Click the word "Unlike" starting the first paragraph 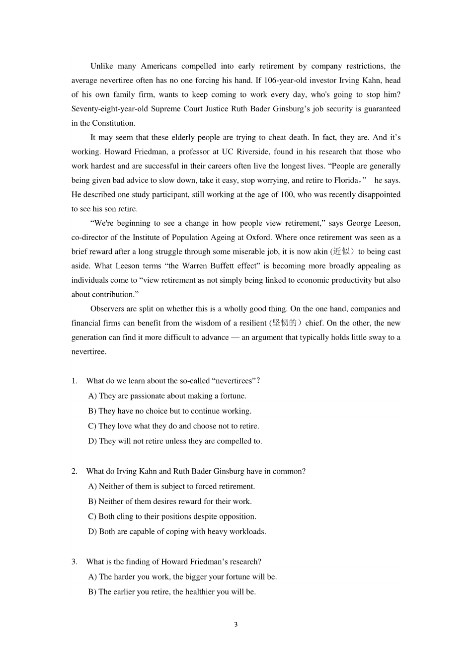101,66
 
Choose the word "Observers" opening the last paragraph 107,309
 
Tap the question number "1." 75,381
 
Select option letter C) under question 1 92,426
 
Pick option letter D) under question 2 92,532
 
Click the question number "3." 75,562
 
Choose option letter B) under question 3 92,592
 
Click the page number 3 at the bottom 236,625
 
